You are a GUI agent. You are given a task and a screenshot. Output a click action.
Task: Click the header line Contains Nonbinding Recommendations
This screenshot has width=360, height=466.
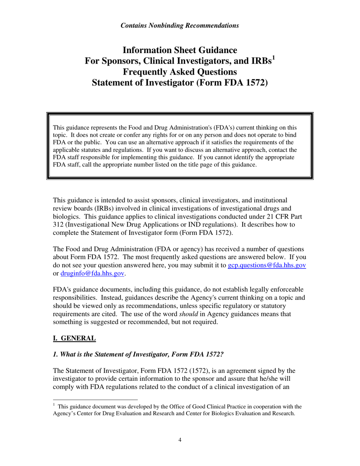(180, 26)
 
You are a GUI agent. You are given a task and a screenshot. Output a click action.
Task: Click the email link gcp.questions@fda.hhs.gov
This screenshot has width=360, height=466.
(266, 265)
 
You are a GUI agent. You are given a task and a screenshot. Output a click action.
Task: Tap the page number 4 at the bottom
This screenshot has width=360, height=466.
(180, 440)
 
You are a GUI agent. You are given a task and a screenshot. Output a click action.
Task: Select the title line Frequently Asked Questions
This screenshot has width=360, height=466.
(180, 72)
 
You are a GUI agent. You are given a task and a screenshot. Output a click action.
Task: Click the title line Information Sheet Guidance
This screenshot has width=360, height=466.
(180, 50)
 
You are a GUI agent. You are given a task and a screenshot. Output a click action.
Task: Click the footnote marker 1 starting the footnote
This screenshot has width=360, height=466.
(54, 405)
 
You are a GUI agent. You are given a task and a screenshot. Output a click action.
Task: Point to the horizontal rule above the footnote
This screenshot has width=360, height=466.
(95, 399)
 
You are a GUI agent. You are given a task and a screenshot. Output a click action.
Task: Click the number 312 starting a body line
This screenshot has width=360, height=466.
(58, 225)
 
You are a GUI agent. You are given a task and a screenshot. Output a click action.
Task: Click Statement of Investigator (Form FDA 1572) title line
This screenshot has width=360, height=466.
(180, 83)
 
